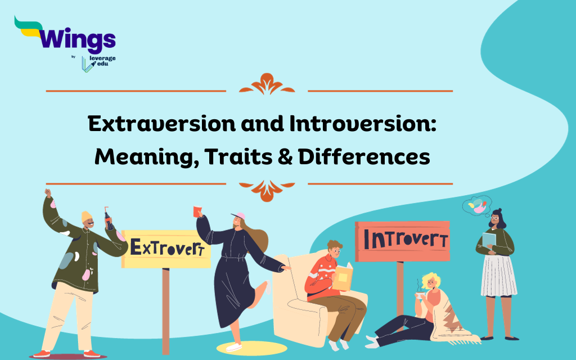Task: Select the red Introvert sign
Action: (402, 241)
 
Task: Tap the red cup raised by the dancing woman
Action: (197, 211)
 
